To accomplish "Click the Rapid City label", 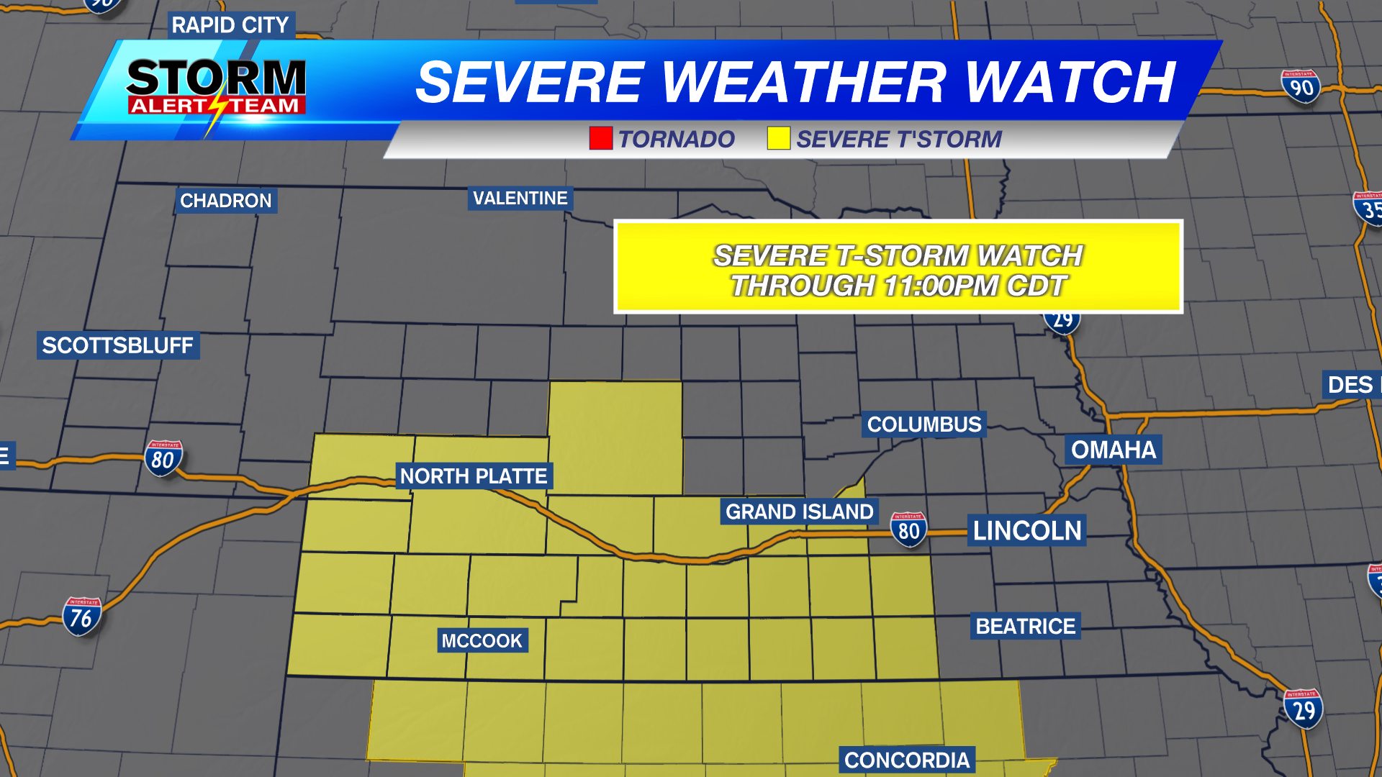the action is pyautogui.click(x=230, y=25).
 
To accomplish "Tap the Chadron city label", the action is pyautogui.click(x=226, y=201).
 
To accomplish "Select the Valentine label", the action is pyautogui.click(x=520, y=199).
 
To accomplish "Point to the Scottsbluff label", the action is pyautogui.click(x=118, y=345).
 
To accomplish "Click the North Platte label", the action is pyautogui.click(x=474, y=476).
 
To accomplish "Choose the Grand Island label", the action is pyautogui.click(x=799, y=512).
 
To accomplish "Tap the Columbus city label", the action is pyautogui.click(x=924, y=424).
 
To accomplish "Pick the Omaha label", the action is pyautogui.click(x=1113, y=450).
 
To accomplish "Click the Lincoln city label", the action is pyautogui.click(x=1027, y=531).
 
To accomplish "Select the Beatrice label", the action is pyautogui.click(x=1026, y=627).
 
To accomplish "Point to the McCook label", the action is pyautogui.click(x=482, y=641).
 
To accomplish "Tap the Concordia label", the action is pyautogui.click(x=907, y=760).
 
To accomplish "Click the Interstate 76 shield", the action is pyautogui.click(x=81, y=617).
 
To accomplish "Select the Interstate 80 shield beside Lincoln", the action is pyautogui.click(x=908, y=530).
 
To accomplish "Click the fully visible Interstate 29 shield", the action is pyautogui.click(x=1303, y=709).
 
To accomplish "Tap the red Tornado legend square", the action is pyautogui.click(x=601, y=138).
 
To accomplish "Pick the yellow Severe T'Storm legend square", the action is pyautogui.click(x=778, y=138).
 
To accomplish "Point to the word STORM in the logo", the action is pyautogui.click(x=217, y=77).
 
